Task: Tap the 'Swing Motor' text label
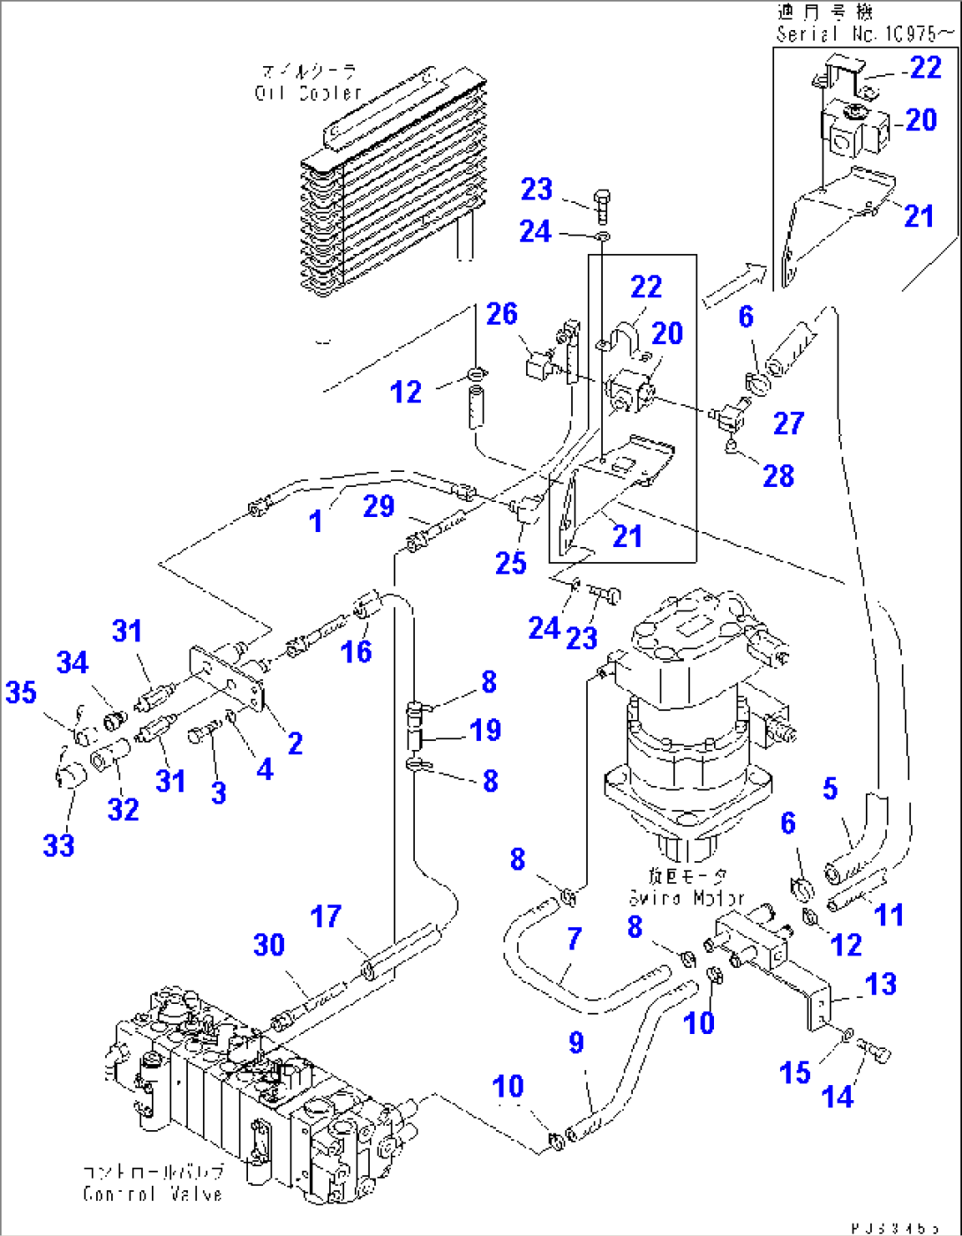click(x=687, y=898)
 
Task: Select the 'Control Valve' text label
click(x=153, y=1194)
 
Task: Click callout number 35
click(x=21, y=693)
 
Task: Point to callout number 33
click(x=59, y=845)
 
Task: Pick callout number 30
click(x=269, y=946)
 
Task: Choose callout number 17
click(x=326, y=917)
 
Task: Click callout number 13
click(x=881, y=985)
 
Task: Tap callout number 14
click(x=838, y=1097)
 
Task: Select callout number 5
click(x=830, y=789)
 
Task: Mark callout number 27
click(x=788, y=423)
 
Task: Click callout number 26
click(x=502, y=314)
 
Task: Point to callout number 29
click(x=379, y=506)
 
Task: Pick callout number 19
click(x=485, y=730)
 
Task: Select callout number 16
click(x=357, y=652)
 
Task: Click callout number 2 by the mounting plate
click(x=296, y=744)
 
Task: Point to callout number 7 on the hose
click(x=575, y=939)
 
